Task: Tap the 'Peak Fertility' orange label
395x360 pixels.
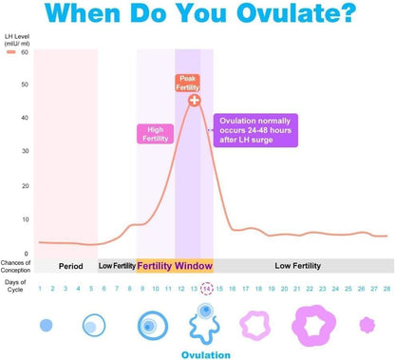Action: (187, 83)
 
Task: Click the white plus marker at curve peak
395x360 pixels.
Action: (194, 100)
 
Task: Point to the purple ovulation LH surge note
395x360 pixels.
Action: (255, 130)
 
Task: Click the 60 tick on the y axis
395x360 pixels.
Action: (24, 52)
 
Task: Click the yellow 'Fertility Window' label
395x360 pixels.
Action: (174, 265)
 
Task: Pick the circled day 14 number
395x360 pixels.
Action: (207, 289)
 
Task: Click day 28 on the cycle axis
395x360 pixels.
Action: (386, 289)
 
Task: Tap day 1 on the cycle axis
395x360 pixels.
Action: (40, 289)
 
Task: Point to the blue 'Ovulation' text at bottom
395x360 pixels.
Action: (206, 354)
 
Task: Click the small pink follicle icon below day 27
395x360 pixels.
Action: (367, 324)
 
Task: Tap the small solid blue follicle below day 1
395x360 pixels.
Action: (46, 325)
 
